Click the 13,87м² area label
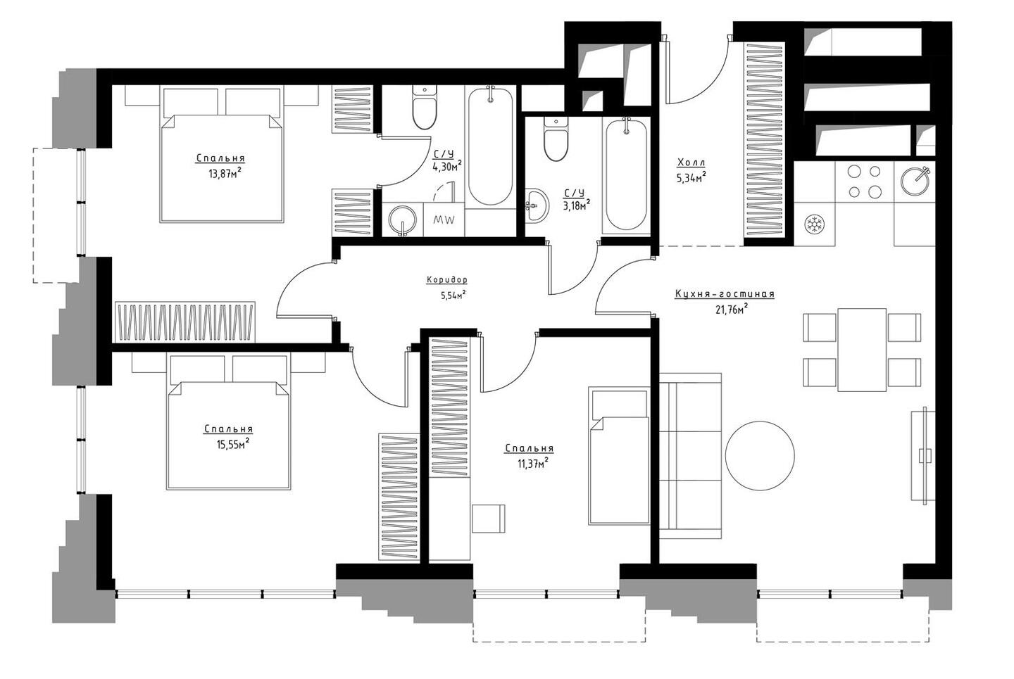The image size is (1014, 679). coord(225,173)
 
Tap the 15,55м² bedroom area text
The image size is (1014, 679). coord(232,443)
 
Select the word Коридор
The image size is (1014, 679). coord(446,281)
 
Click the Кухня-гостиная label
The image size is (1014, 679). coord(725,294)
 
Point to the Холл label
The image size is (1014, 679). coord(691,163)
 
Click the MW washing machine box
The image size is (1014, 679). coord(444,220)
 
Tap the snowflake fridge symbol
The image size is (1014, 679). coord(814,224)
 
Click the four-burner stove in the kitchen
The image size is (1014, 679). coord(864,182)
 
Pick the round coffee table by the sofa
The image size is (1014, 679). coord(760,456)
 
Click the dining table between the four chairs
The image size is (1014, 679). coord(862,350)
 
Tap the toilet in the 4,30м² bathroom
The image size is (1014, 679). coord(425,108)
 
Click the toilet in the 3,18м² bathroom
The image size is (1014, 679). coord(556,139)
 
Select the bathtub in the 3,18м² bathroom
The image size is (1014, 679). coord(626,175)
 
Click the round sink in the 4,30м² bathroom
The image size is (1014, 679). coord(403,221)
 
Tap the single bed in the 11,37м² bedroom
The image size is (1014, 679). coord(619,455)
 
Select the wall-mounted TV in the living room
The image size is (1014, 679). coord(923,455)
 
